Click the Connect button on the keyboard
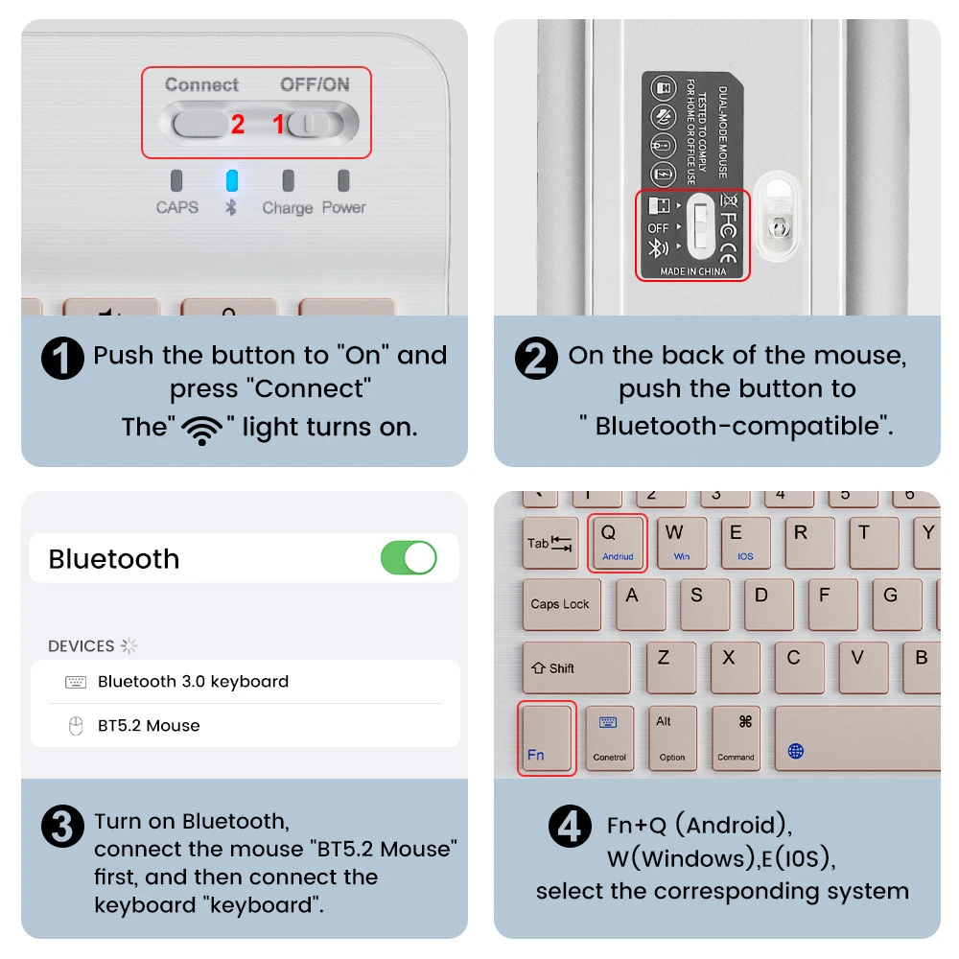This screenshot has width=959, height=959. tap(199, 124)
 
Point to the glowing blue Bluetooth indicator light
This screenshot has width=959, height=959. tap(231, 181)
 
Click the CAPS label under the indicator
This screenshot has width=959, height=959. tap(177, 207)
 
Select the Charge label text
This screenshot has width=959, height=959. tap(288, 208)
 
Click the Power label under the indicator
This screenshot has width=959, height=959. tap(343, 207)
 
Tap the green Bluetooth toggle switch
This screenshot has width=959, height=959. tap(409, 557)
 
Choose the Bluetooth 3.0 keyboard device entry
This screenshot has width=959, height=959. tap(192, 682)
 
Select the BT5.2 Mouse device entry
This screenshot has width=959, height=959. tap(149, 726)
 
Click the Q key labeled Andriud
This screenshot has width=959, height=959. tap(618, 542)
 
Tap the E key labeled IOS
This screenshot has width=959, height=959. tap(745, 543)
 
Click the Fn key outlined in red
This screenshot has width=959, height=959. tap(547, 737)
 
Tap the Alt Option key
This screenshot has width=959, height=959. tap(672, 737)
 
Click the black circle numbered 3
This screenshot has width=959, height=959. tap(61, 828)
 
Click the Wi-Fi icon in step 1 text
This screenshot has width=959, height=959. tap(201, 430)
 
